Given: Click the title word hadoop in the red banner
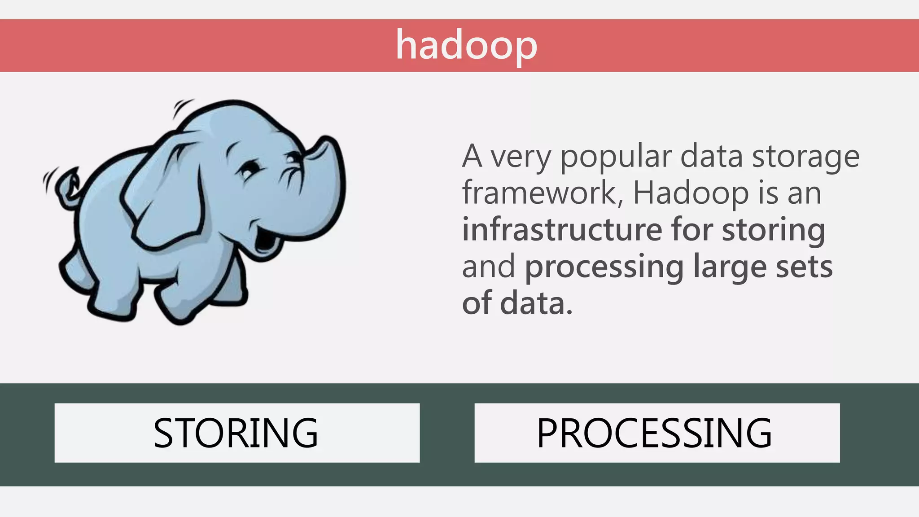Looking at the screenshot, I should pos(466,46).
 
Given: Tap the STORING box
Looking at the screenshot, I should pos(237,433).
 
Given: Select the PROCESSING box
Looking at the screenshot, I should pos(657,433).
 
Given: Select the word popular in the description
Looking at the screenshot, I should pos(616,157).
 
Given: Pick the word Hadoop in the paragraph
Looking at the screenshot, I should pos(691,193).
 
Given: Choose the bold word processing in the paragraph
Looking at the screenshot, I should pos(604,267).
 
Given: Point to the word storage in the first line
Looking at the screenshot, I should pos(805,157).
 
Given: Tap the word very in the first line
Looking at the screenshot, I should pos(520,157).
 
